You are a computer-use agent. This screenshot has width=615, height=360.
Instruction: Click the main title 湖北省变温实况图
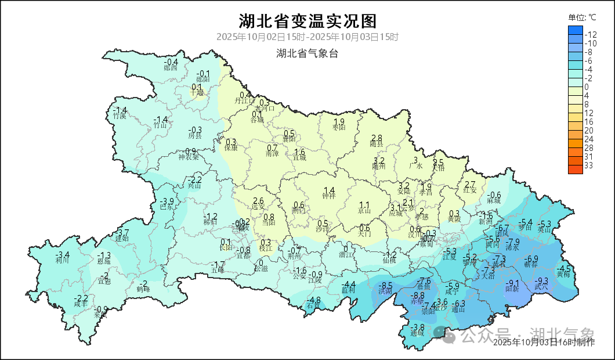pos(307,21)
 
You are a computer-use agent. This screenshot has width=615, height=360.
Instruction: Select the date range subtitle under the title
pos(307,37)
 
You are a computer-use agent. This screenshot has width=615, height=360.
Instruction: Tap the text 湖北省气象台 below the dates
pos(307,53)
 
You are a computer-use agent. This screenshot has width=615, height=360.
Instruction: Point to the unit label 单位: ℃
pos(582,17)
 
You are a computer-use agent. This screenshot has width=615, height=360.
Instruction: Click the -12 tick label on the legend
pos(591,34)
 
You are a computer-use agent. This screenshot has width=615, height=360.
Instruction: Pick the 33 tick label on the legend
pos(588,165)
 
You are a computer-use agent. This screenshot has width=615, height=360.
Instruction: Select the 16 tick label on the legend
pos(588,122)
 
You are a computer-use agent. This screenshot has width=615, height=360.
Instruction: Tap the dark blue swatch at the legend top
pos(575,30)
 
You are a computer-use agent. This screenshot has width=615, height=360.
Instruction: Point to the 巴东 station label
pos(167,208)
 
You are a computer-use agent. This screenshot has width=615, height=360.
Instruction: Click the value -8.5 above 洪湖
pos(386,285)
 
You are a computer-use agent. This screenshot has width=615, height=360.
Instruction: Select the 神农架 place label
pos(189,157)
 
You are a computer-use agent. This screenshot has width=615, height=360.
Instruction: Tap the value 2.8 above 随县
pos(377,138)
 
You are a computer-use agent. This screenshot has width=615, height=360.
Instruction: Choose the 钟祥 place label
pos(329,196)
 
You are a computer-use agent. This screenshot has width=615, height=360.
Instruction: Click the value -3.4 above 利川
pos(63,254)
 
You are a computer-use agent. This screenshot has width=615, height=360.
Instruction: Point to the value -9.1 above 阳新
pos(512,283)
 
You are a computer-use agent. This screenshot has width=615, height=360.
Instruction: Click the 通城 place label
pos(417,334)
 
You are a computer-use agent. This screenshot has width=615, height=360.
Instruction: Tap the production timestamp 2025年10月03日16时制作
pos(543,343)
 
